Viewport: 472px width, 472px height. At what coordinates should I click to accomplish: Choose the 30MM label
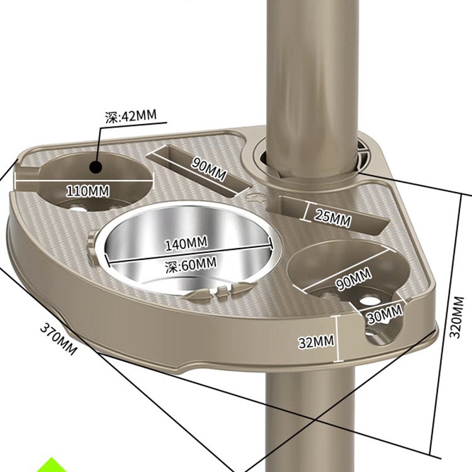[385, 313]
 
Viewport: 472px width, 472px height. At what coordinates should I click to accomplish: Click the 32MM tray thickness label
[315, 342]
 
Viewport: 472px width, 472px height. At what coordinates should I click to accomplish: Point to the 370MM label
[58, 339]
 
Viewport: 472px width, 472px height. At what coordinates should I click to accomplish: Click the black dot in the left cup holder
[96, 167]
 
